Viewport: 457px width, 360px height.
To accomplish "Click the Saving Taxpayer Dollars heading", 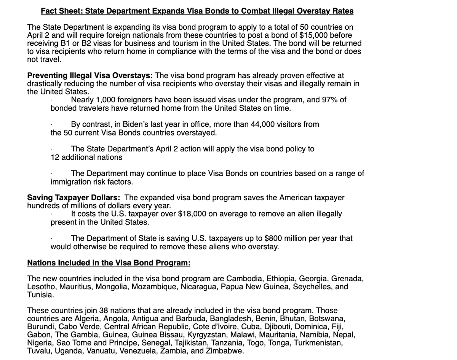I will pyautogui.click(x=74, y=198).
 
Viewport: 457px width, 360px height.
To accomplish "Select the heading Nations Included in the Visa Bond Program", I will pyautogui.click(x=109, y=263).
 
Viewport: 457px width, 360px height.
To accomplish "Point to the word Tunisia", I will pyautogui.click(x=40, y=295).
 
